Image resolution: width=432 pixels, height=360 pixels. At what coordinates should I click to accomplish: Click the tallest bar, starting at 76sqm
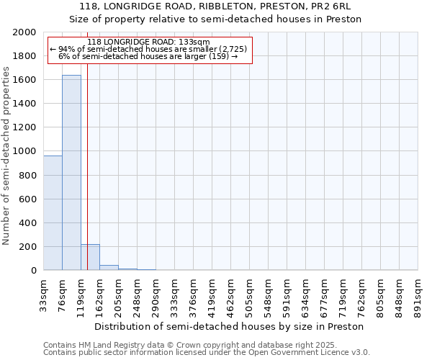(x=71, y=173)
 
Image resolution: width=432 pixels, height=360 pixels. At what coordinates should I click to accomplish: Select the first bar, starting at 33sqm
(x=53, y=213)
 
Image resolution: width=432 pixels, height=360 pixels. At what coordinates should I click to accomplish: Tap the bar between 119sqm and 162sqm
(x=90, y=258)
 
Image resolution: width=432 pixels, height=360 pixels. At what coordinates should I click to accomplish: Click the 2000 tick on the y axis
(x=25, y=32)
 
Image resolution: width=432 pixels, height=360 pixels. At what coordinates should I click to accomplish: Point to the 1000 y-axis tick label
(x=25, y=151)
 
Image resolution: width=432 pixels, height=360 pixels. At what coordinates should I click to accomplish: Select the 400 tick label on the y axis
(x=28, y=223)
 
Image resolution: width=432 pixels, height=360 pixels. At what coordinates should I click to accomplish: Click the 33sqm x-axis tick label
(x=44, y=294)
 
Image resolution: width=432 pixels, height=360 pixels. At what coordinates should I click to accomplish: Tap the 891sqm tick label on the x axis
(x=418, y=294)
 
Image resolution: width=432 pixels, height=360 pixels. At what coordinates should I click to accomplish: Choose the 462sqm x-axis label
(x=231, y=294)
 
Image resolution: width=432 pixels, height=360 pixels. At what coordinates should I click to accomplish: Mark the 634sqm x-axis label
(x=306, y=294)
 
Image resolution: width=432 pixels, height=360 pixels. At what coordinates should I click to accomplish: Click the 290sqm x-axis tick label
(x=156, y=294)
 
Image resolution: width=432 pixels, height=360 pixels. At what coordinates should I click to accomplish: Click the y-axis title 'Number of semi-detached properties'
(x=7, y=156)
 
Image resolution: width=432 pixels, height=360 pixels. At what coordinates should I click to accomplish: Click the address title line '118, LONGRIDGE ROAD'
(x=215, y=6)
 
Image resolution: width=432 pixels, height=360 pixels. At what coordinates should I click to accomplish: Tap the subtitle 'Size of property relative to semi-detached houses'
(x=215, y=19)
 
